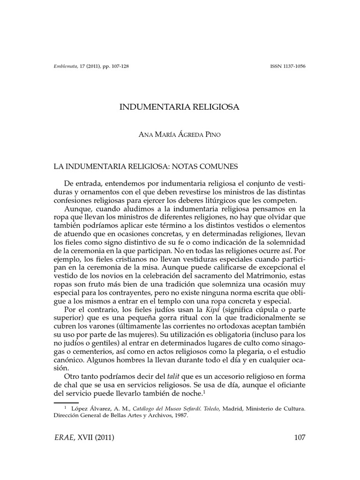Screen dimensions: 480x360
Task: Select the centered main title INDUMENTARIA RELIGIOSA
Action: [180, 107]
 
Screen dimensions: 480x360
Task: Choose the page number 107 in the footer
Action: [300, 438]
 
